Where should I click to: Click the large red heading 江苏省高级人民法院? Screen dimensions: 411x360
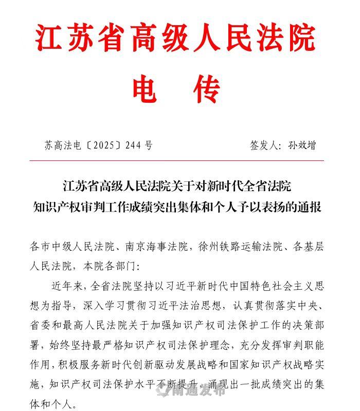pyautogui.click(x=175, y=39)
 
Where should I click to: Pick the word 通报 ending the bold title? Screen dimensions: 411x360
pyautogui.click(x=308, y=207)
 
